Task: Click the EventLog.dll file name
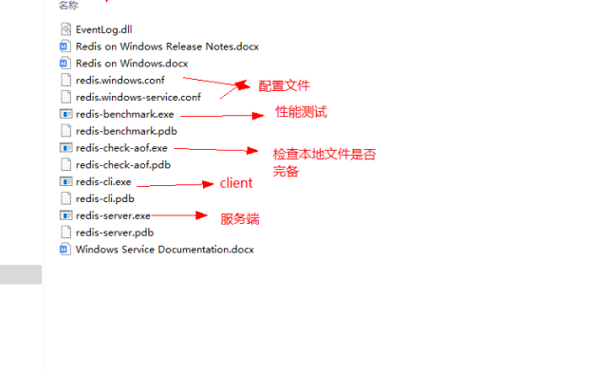tap(103, 29)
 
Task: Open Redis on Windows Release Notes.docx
tap(167, 46)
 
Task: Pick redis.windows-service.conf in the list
tap(138, 97)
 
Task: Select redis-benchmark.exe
tap(124, 114)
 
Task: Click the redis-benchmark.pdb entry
tap(124, 131)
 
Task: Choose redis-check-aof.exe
tap(121, 148)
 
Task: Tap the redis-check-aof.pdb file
tap(122, 164)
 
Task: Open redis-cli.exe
tap(103, 181)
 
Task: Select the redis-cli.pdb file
tap(104, 198)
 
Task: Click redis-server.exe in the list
tap(113, 215)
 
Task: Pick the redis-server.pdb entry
tap(114, 233)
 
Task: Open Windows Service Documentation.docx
tap(164, 250)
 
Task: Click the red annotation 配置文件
tap(285, 86)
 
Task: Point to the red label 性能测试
tap(301, 113)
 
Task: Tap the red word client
tap(236, 183)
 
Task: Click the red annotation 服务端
tap(239, 219)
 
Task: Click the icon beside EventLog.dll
tap(65, 29)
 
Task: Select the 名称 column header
tap(68, 5)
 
